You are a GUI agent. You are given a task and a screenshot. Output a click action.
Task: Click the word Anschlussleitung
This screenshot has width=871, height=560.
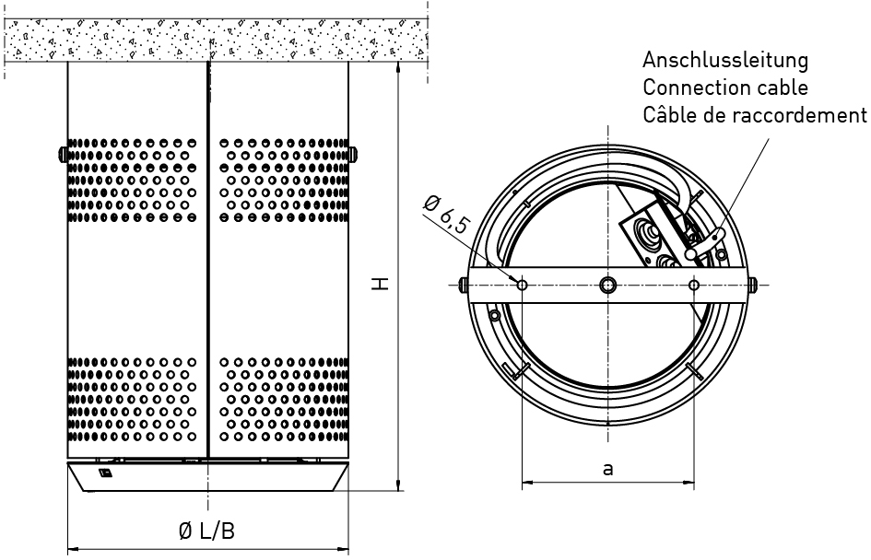(x=724, y=60)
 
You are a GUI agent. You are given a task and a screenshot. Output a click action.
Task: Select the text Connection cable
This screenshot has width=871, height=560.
(x=724, y=87)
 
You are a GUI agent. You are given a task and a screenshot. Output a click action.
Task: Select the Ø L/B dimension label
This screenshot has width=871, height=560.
(x=206, y=531)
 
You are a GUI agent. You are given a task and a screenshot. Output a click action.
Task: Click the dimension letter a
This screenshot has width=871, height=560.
(x=607, y=469)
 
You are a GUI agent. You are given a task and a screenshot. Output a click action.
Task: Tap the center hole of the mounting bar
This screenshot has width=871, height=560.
(x=608, y=286)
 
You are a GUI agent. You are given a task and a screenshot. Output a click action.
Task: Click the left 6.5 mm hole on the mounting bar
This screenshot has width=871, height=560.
(x=523, y=286)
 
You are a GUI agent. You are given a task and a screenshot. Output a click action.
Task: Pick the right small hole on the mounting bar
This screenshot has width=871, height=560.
(x=694, y=286)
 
